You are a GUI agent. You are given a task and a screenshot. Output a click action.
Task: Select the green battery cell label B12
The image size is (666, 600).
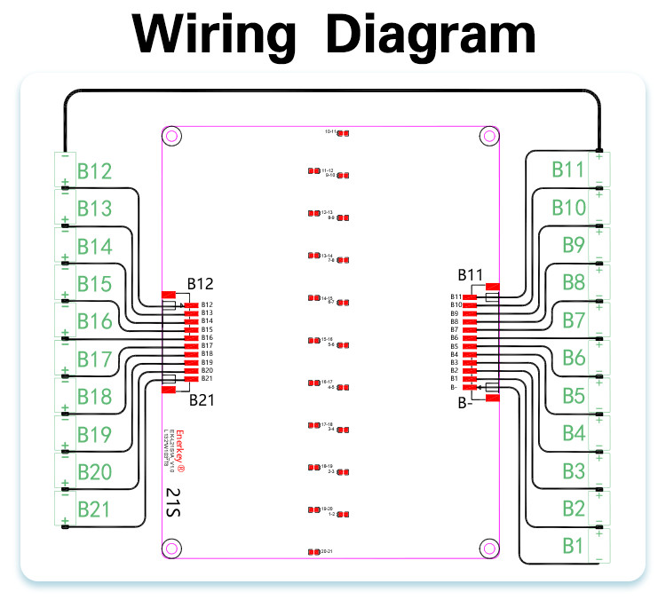coord(94,171)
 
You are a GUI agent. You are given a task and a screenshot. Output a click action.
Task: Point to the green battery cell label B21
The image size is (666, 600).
coord(94,509)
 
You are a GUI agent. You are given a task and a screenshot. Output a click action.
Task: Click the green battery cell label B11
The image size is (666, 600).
coord(568,170)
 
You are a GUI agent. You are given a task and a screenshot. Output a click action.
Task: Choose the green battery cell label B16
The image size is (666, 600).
coord(94,321)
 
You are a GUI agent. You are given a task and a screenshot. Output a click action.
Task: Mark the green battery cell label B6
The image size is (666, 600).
coord(573,358)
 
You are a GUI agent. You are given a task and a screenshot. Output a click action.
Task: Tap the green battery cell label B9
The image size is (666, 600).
coord(573,245)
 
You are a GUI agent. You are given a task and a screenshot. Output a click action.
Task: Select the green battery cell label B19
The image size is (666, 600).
coord(94,434)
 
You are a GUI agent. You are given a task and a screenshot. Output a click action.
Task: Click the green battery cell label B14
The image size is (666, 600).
coord(94,247)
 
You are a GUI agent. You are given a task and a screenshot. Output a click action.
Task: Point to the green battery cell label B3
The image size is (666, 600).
coord(573,470)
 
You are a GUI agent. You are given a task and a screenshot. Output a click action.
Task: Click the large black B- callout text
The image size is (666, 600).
coord(465,404)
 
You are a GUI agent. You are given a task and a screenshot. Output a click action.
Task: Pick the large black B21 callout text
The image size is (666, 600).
coord(202,399)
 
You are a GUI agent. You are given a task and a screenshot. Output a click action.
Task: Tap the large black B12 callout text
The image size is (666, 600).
coord(200,284)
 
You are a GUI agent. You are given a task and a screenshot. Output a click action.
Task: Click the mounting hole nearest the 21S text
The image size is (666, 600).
coord(172,546)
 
